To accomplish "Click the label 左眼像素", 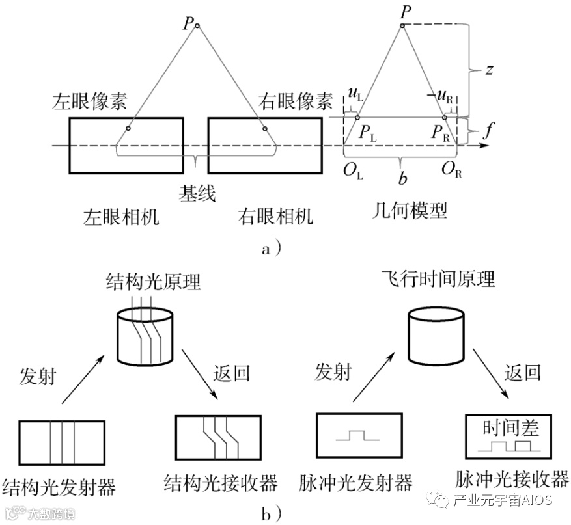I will click(90, 102).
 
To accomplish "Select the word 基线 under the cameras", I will click(197, 193).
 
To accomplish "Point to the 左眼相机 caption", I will click(122, 216).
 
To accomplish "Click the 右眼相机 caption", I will click(275, 216).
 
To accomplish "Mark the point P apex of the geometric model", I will click(402, 25).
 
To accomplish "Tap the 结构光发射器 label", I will click(63, 485).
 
